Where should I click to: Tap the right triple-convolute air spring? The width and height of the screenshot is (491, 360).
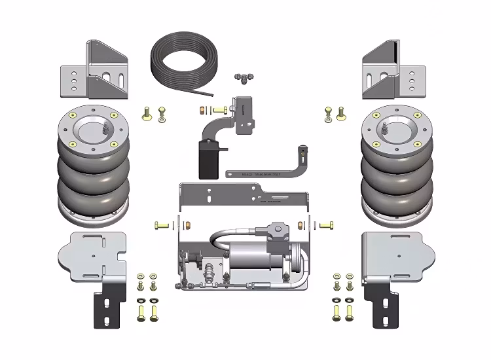point(393,170)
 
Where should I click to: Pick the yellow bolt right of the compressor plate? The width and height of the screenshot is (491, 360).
point(327,225)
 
